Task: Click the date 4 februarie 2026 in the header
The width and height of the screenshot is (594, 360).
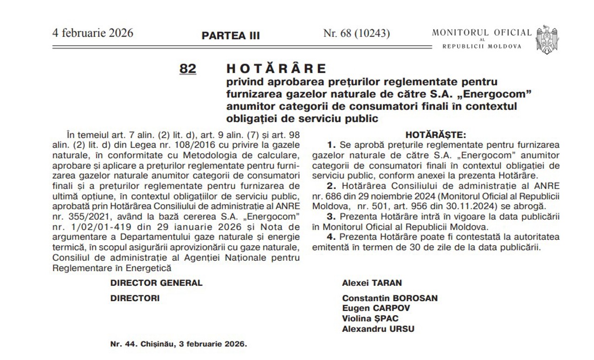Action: (x=93, y=33)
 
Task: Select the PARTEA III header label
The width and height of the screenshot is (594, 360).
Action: (x=231, y=36)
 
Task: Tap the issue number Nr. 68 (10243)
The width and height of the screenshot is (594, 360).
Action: (x=356, y=33)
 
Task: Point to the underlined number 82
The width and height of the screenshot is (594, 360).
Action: (x=187, y=69)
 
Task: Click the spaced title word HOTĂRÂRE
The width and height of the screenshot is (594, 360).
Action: (x=276, y=69)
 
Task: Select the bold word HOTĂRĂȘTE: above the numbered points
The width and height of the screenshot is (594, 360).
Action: (x=435, y=135)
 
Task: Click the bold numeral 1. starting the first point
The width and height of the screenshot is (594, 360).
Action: (x=331, y=145)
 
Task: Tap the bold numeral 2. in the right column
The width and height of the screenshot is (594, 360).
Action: (x=331, y=186)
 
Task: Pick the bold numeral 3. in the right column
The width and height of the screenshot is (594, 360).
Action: (x=331, y=217)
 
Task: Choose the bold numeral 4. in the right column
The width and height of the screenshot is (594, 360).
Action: (x=331, y=237)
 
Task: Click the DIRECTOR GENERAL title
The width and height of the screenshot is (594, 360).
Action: (x=156, y=283)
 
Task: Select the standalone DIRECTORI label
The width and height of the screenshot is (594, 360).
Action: (x=135, y=298)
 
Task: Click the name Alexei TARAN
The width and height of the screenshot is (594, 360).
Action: (x=372, y=283)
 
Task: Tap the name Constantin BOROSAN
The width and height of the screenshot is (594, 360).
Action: (x=390, y=298)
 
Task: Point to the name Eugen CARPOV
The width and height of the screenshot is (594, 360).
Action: (x=376, y=309)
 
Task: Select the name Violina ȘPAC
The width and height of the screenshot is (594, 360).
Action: (x=370, y=319)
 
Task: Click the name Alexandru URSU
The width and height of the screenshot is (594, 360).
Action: (x=378, y=329)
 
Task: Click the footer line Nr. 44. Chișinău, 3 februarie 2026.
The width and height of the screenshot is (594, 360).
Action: (x=179, y=345)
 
